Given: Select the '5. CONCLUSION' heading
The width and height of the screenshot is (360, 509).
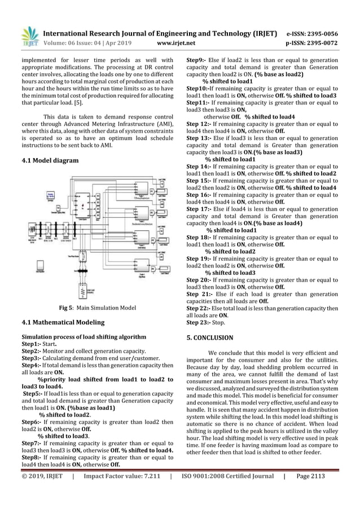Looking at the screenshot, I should point(210,337).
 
